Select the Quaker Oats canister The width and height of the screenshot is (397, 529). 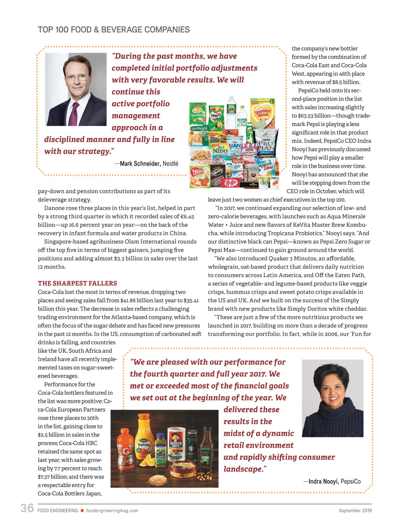point(176,444)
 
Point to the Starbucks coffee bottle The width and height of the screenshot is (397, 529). point(192,446)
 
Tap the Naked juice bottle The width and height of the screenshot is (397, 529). point(161,450)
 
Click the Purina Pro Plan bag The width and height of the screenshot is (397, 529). point(265,144)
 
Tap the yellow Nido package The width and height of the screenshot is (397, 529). point(220,150)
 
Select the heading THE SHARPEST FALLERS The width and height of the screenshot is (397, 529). point(77,283)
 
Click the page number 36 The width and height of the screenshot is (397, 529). point(27,508)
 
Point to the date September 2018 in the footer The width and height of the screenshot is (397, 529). point(355,510)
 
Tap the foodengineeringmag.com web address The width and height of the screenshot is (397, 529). point(112,510)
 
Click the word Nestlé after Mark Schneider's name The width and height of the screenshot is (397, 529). point(170,164)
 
